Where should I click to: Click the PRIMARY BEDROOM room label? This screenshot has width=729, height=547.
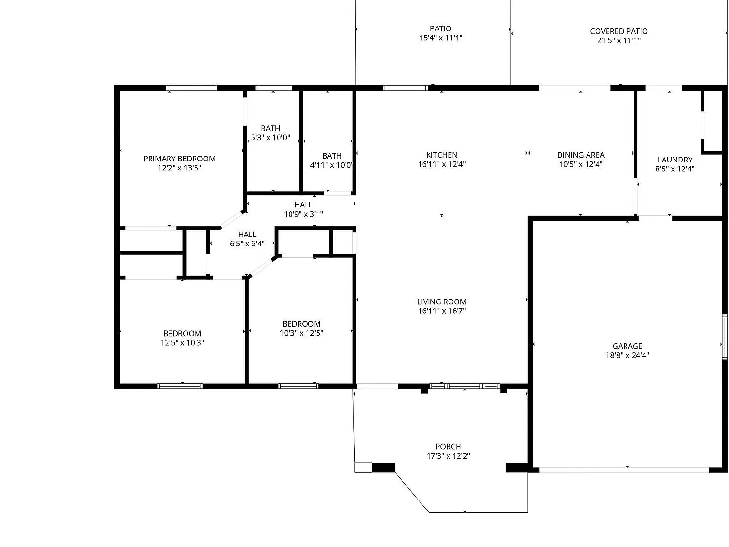[x=179, y=159]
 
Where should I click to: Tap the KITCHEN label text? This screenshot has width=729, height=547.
[x=442, y=155]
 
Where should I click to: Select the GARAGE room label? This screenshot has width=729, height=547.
[x=627, y=346]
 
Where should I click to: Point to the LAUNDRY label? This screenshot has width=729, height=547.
[x=675, y=160]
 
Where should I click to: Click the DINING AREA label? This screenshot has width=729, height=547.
[x=580, y=155]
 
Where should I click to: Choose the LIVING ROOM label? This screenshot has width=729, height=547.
[x=442, y=302]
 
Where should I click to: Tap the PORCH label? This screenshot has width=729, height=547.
[x=448, y=447]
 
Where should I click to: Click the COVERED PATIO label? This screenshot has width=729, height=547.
[x=619, y=31]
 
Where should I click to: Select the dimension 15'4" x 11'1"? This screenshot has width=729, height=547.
[x=441, y=38]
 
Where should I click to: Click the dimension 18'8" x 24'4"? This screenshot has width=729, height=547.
[x=627, y=355]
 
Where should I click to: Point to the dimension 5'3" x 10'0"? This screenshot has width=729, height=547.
[x=271, y=138]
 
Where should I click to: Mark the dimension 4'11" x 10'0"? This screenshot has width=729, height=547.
[x=331, y=165]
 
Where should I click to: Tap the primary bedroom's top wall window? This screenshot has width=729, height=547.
[x=192, y=88]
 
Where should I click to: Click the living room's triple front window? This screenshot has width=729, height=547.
[x=464, y=386]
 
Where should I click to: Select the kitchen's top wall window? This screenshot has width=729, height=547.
[x=405, y=88]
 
